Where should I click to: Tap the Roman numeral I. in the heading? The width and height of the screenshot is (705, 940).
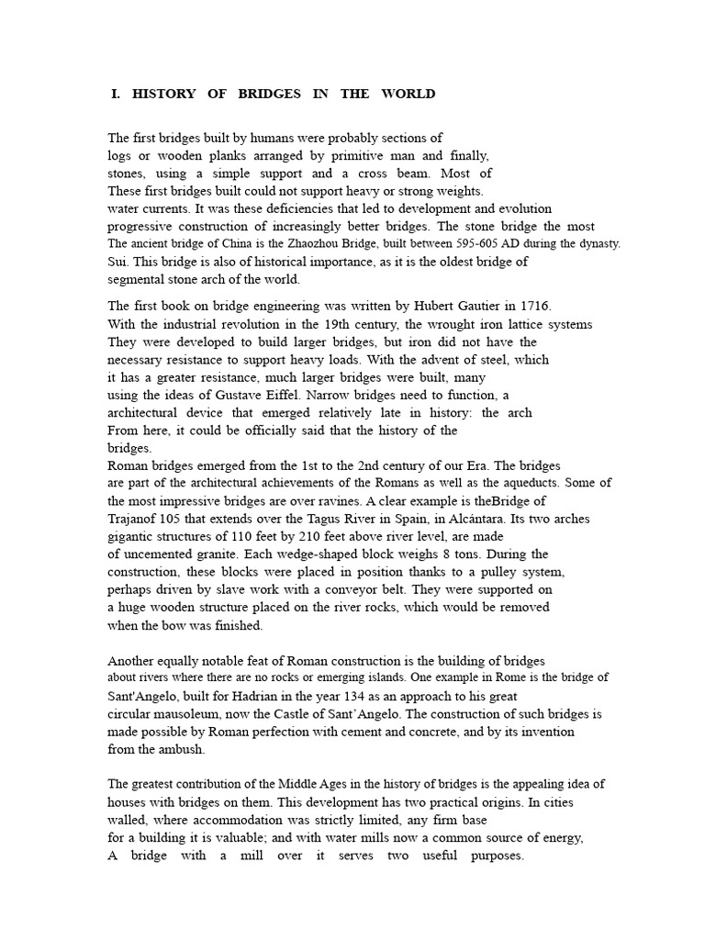tap(116, 94)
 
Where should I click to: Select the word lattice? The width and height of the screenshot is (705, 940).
tap(522, 324)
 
